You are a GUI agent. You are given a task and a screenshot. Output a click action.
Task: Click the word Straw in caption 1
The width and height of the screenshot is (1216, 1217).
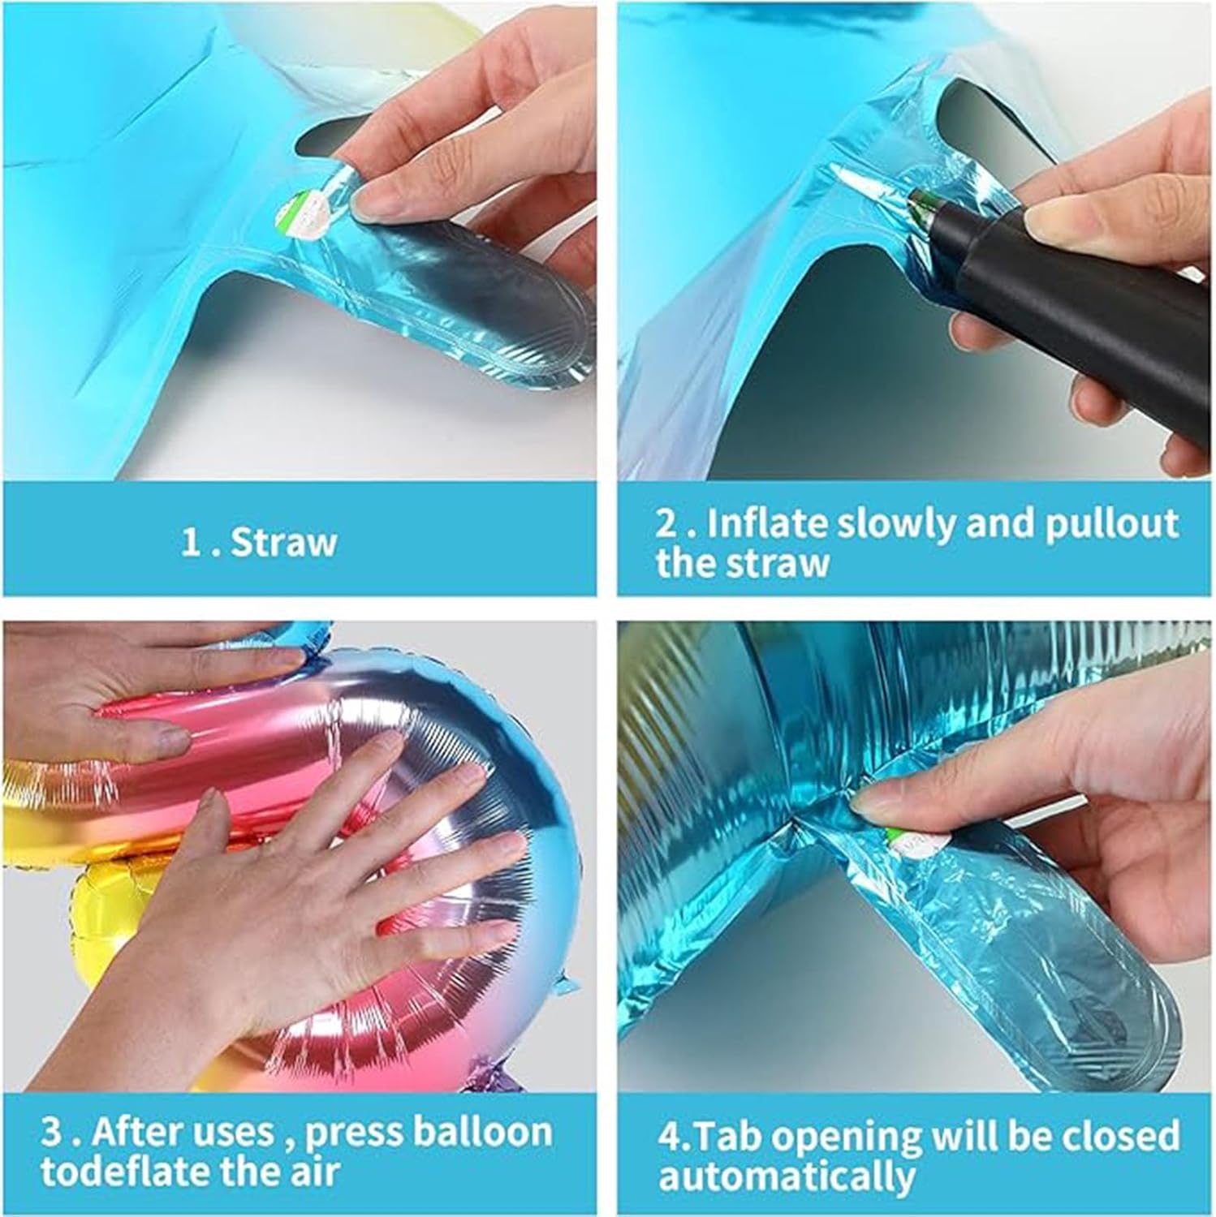tap(283, 541)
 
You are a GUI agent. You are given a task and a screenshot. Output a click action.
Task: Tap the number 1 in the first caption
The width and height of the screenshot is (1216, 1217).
tap(189, 542)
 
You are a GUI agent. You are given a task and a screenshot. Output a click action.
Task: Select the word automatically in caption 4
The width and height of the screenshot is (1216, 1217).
tap(786, 1176)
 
